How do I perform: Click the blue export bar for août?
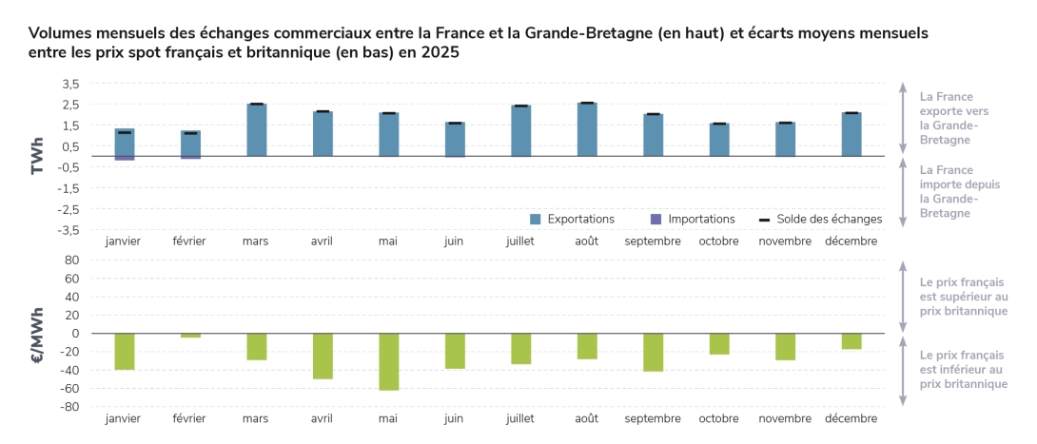coord(587,129)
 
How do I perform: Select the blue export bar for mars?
coord(256,130)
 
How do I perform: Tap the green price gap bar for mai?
coord(388,361)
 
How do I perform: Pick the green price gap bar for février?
coord(190,336)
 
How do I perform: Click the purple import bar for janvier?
coord(125,158)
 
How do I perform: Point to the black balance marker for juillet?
coord(520,106)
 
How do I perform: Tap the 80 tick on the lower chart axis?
coord(71,260)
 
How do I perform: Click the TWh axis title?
coord(38,157)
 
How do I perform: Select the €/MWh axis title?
coord(38,334)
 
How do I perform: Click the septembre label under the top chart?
coord(653,241)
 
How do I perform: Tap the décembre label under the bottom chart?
coord(851,418)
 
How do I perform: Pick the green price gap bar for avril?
coord(322,356)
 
